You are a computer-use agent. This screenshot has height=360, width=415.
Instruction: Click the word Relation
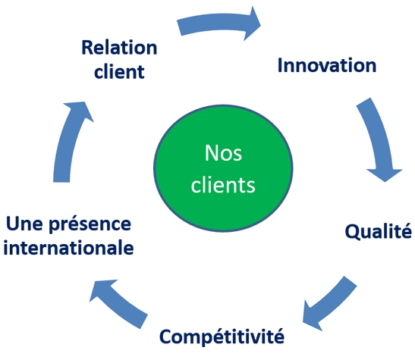(119, 48)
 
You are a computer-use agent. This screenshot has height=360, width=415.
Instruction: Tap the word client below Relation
(119, 71)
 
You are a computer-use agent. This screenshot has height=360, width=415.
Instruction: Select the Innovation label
(327, 65)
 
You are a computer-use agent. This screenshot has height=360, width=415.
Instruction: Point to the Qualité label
(379, 232)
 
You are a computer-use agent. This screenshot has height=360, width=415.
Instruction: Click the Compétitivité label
(222, 337)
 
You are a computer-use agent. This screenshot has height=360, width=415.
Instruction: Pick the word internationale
(68, 248)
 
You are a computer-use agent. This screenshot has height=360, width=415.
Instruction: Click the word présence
(90, 224)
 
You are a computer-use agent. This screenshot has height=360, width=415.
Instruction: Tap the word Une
(24, 224)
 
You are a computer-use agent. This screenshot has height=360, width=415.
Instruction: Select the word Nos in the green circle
(223, 153)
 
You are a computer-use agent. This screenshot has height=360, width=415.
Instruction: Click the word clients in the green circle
(223, 185)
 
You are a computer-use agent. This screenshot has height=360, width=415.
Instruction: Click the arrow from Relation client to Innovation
(219, 23)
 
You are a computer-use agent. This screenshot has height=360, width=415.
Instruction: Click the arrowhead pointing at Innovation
(251, 23)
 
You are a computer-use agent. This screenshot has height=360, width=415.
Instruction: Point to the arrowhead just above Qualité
(385, 174)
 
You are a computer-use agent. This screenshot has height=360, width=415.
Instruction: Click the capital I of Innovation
(280, 65)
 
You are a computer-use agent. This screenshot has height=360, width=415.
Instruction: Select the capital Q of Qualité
(353, 232)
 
